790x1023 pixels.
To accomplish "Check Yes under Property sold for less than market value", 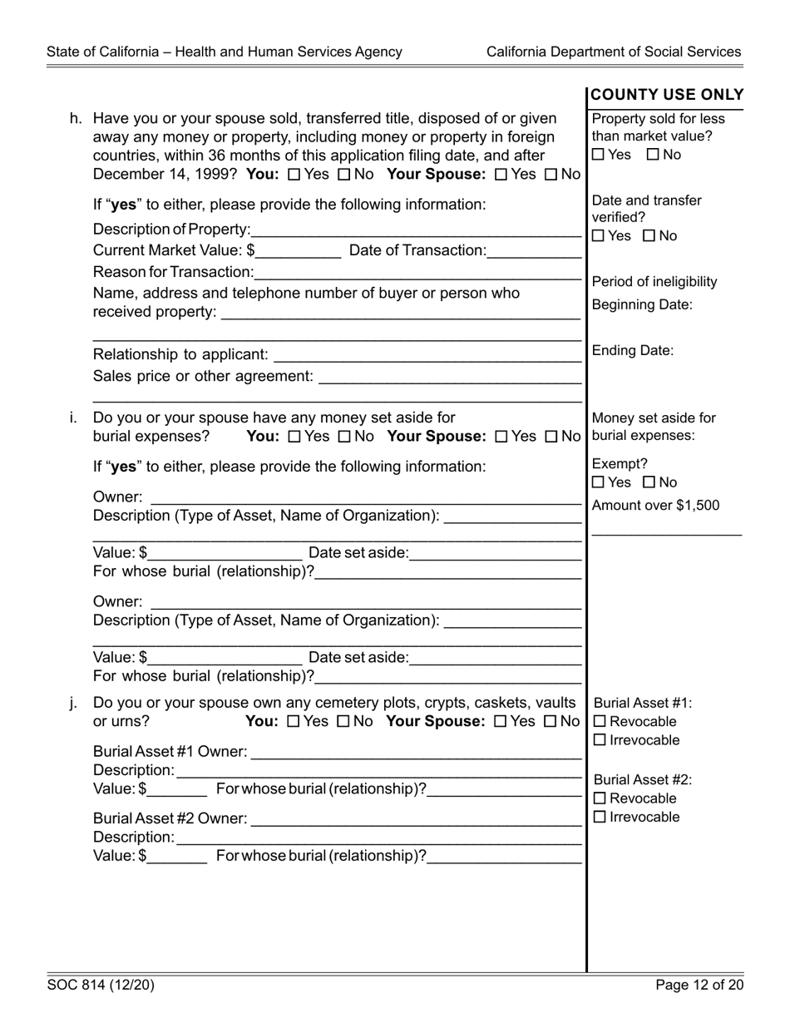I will [599, 155].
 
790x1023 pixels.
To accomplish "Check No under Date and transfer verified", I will [650, 236].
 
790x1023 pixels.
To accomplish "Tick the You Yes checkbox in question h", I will [293, 175].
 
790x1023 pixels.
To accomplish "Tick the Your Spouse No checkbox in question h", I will [551, 175].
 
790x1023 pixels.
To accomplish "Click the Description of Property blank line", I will [416, 230].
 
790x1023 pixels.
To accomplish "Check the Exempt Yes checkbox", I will [599, 483].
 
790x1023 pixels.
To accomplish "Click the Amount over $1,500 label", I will [656, 506].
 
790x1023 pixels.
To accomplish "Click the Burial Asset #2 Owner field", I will [416, 820].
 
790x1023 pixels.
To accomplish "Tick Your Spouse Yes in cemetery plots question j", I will [500, 722].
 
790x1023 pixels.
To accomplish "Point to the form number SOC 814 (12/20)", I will [101, 986].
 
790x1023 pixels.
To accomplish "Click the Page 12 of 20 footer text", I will [699, 986].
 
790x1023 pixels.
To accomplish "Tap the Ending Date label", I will [633, 351].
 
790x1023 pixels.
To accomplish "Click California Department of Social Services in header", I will [614, 52].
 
